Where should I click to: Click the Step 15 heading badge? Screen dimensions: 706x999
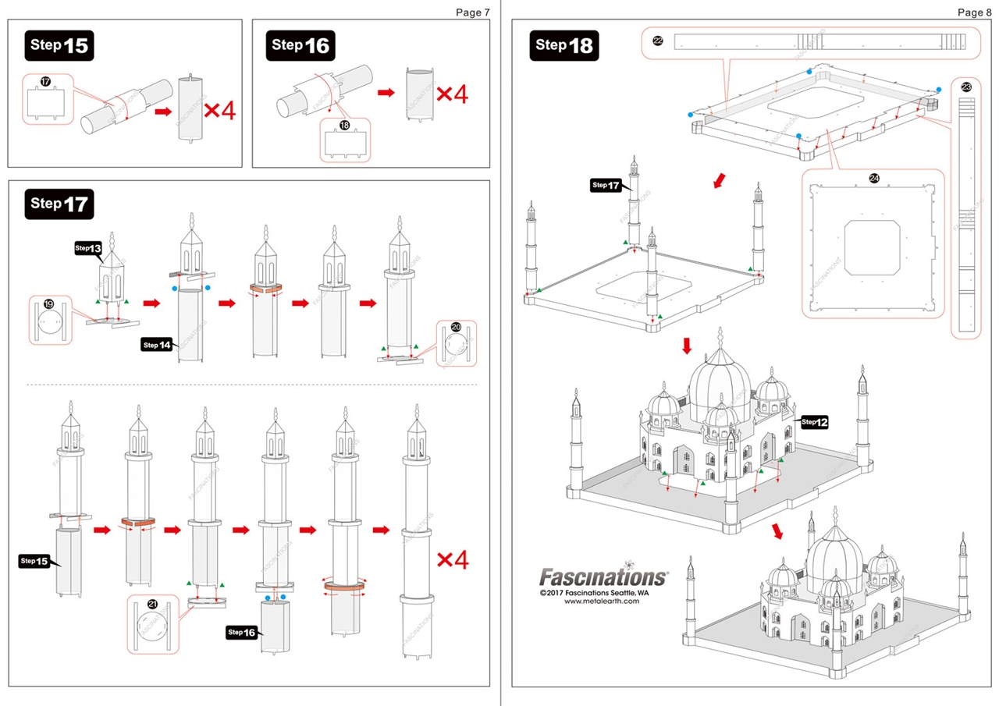pos(59,45)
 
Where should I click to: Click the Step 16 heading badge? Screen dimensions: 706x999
pos(300,45)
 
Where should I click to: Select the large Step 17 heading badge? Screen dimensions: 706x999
pos(59,204)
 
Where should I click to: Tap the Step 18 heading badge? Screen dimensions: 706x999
pos(563,45)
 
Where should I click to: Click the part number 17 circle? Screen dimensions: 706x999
pos(44,81)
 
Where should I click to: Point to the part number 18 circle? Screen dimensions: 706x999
pos(344,125)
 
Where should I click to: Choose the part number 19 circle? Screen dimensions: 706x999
pos(48,303)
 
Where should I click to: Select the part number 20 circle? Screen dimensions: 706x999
pos(457,328)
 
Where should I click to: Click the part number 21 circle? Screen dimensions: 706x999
pos(152,604)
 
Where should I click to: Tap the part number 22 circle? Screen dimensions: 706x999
pos(657,41)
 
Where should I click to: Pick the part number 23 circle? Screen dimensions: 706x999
pos(966,87)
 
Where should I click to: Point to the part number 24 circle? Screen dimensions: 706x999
pos(873,179)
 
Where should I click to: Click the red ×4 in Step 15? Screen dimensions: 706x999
pos(219,110)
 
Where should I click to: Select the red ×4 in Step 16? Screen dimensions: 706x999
pos(452,94)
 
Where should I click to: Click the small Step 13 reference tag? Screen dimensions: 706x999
pos(89,248)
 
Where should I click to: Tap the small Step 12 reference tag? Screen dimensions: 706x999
pos(814,422)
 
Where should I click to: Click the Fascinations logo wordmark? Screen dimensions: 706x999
pos(603,577)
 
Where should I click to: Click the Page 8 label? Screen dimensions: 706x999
pos(975,12)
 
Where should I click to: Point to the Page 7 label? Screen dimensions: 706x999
pos(473,12)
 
